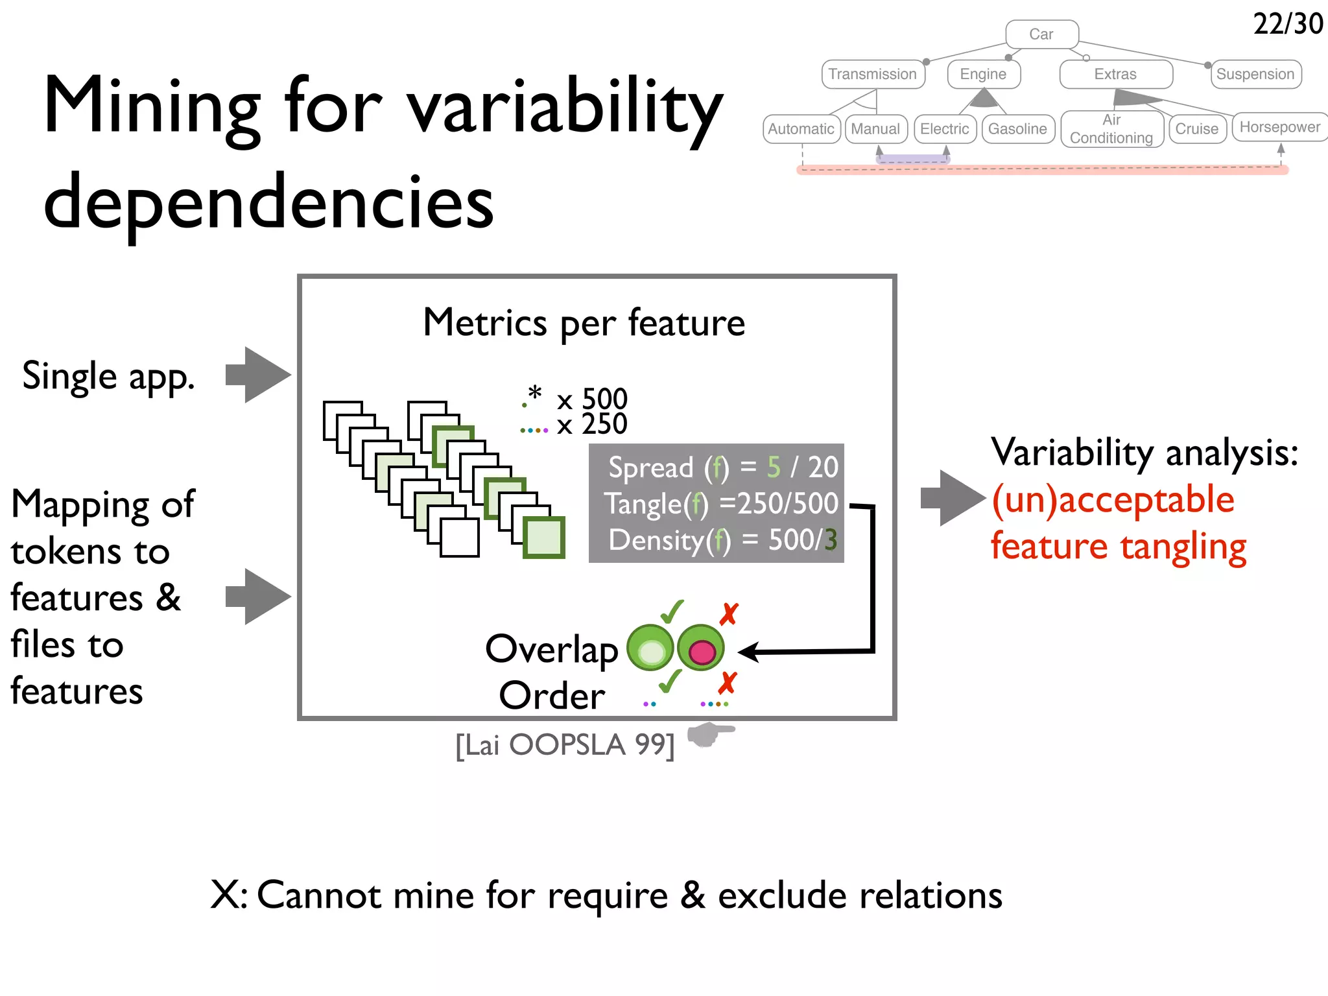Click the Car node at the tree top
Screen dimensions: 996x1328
(1041, 34)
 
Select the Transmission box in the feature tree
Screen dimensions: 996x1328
(872, 74)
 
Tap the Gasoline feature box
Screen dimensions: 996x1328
(1017, 129)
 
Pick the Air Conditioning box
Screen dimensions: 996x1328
(1111, 129)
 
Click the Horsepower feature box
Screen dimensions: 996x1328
(1279, 127)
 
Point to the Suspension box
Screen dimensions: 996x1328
(1255, 74)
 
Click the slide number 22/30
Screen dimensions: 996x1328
(1287, 25)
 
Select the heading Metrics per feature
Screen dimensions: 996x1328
(584, 322)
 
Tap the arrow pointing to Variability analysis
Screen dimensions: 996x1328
(953, 498)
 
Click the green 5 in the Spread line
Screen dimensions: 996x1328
(774, 467)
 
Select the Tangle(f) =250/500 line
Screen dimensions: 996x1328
(721, 503)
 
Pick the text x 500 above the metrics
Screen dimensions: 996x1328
(592, 398)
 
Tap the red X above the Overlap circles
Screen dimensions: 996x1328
(729, 613)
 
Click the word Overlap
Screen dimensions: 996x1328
(552, 649)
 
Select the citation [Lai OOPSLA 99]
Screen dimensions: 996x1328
(565, 745)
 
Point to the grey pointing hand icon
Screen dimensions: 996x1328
(709, 735)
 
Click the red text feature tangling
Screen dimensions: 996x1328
(1118, 546)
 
